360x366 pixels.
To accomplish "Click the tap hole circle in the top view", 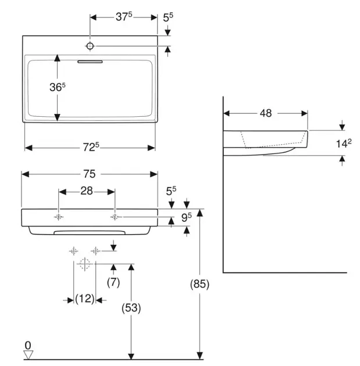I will (91, 45).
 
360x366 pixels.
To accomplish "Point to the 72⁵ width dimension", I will (90, 148).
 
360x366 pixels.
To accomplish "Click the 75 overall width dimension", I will (90, 174).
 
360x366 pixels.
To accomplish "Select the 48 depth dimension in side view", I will (266, 113).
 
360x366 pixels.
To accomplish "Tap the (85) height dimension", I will (199, 285).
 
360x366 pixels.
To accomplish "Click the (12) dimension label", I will (85, 299).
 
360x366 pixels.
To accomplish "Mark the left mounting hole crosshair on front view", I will (59, 217).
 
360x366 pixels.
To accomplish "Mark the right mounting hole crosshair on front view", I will (115, 217).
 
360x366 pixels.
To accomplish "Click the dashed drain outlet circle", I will (84, 264).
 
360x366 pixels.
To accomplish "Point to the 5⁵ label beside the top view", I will (168, 19).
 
